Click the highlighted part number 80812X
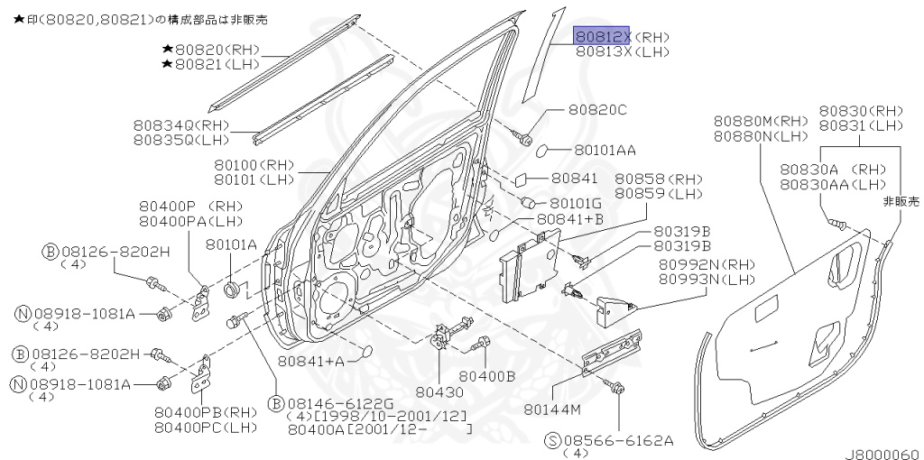click(604, 37)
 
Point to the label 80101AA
click(605, 150)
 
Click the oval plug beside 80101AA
click(551, 149)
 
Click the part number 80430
click(439, 392)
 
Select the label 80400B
click(486, 375)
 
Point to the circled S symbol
click(553, 440)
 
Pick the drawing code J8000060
click(882, 454)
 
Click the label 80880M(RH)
click(761, 121)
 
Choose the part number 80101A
click(231, 244)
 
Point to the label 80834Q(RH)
click(181, 125)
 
